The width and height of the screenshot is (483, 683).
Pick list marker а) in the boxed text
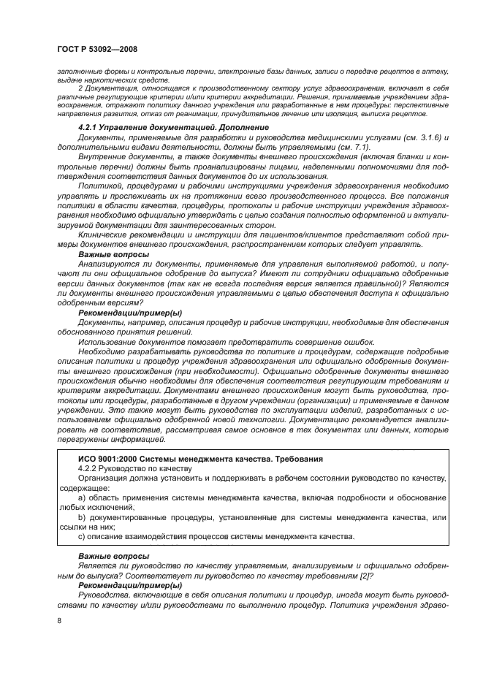coord(82,497)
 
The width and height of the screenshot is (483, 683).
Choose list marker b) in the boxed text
coord(82,517)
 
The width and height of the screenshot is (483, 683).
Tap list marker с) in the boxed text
coord(82,537)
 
